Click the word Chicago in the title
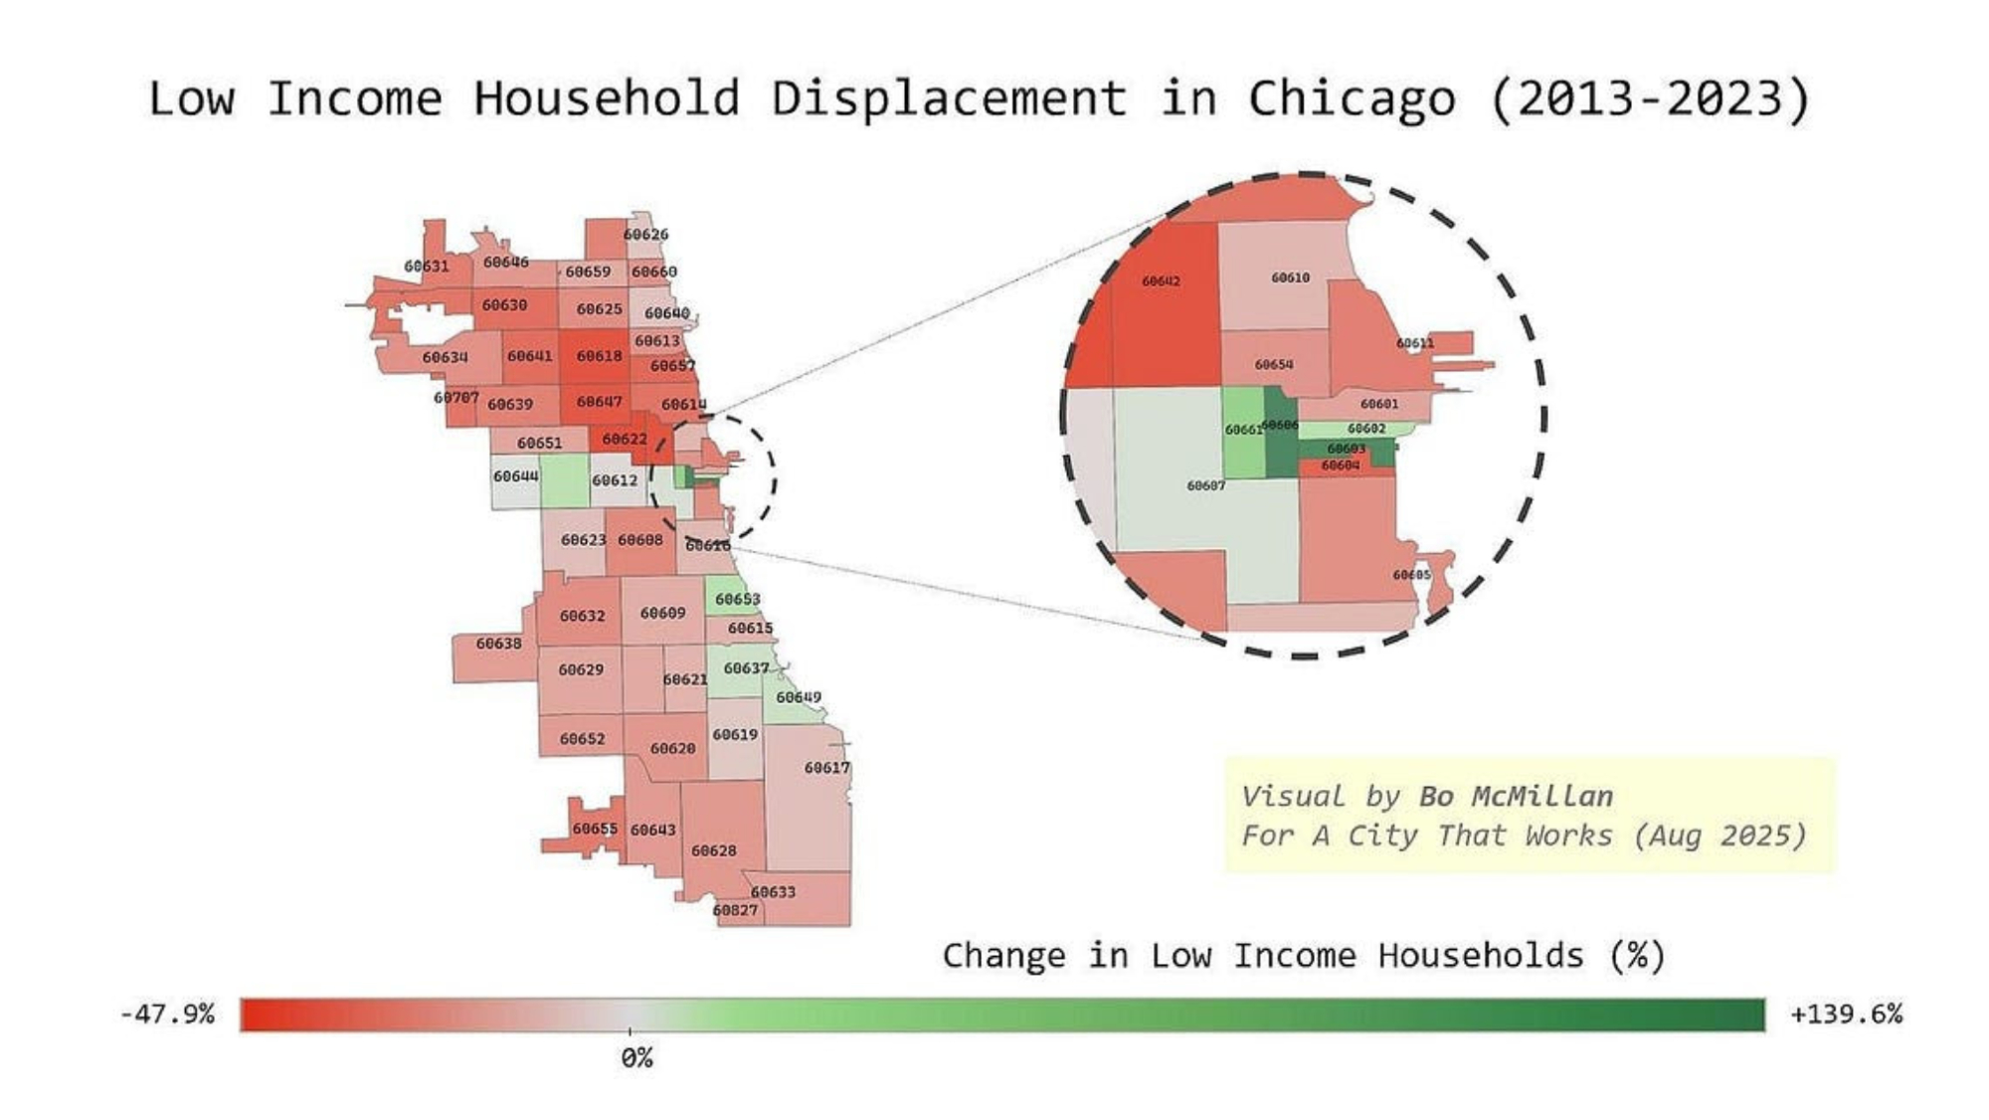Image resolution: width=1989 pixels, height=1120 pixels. coord(1352,99)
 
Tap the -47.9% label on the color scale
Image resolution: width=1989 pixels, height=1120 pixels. coord(167,1015)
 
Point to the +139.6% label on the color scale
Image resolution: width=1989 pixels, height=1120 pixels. coord(1846,1015)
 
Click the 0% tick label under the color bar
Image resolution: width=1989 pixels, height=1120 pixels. coord(636,1058)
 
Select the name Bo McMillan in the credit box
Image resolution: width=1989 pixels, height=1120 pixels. coord(1516,797)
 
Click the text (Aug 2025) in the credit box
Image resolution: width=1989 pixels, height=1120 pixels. coord(1719,836)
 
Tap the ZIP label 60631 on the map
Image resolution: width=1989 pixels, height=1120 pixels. coord(426,267)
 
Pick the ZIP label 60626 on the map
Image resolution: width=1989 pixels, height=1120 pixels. coord(645,235)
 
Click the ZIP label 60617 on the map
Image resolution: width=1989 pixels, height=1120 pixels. coord(826,768)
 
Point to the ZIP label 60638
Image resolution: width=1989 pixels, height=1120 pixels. coord(498,644)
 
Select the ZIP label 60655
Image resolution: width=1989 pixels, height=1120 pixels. coord(595,829)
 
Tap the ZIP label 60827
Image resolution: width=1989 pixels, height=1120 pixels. coord(735,910)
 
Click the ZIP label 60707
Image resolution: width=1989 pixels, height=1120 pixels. coord(455,398)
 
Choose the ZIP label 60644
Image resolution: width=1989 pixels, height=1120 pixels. coord(515,476)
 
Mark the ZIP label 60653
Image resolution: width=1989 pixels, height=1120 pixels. coord(737,599)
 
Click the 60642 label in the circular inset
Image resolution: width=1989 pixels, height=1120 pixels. coord(1161,281)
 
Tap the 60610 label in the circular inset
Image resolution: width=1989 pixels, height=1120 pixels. coord(1290,278)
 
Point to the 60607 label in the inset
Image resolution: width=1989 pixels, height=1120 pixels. coord(1205,485)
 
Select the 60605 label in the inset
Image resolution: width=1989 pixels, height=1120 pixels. coord(1411,575)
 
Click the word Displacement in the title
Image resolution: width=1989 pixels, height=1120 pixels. coord(949,99)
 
